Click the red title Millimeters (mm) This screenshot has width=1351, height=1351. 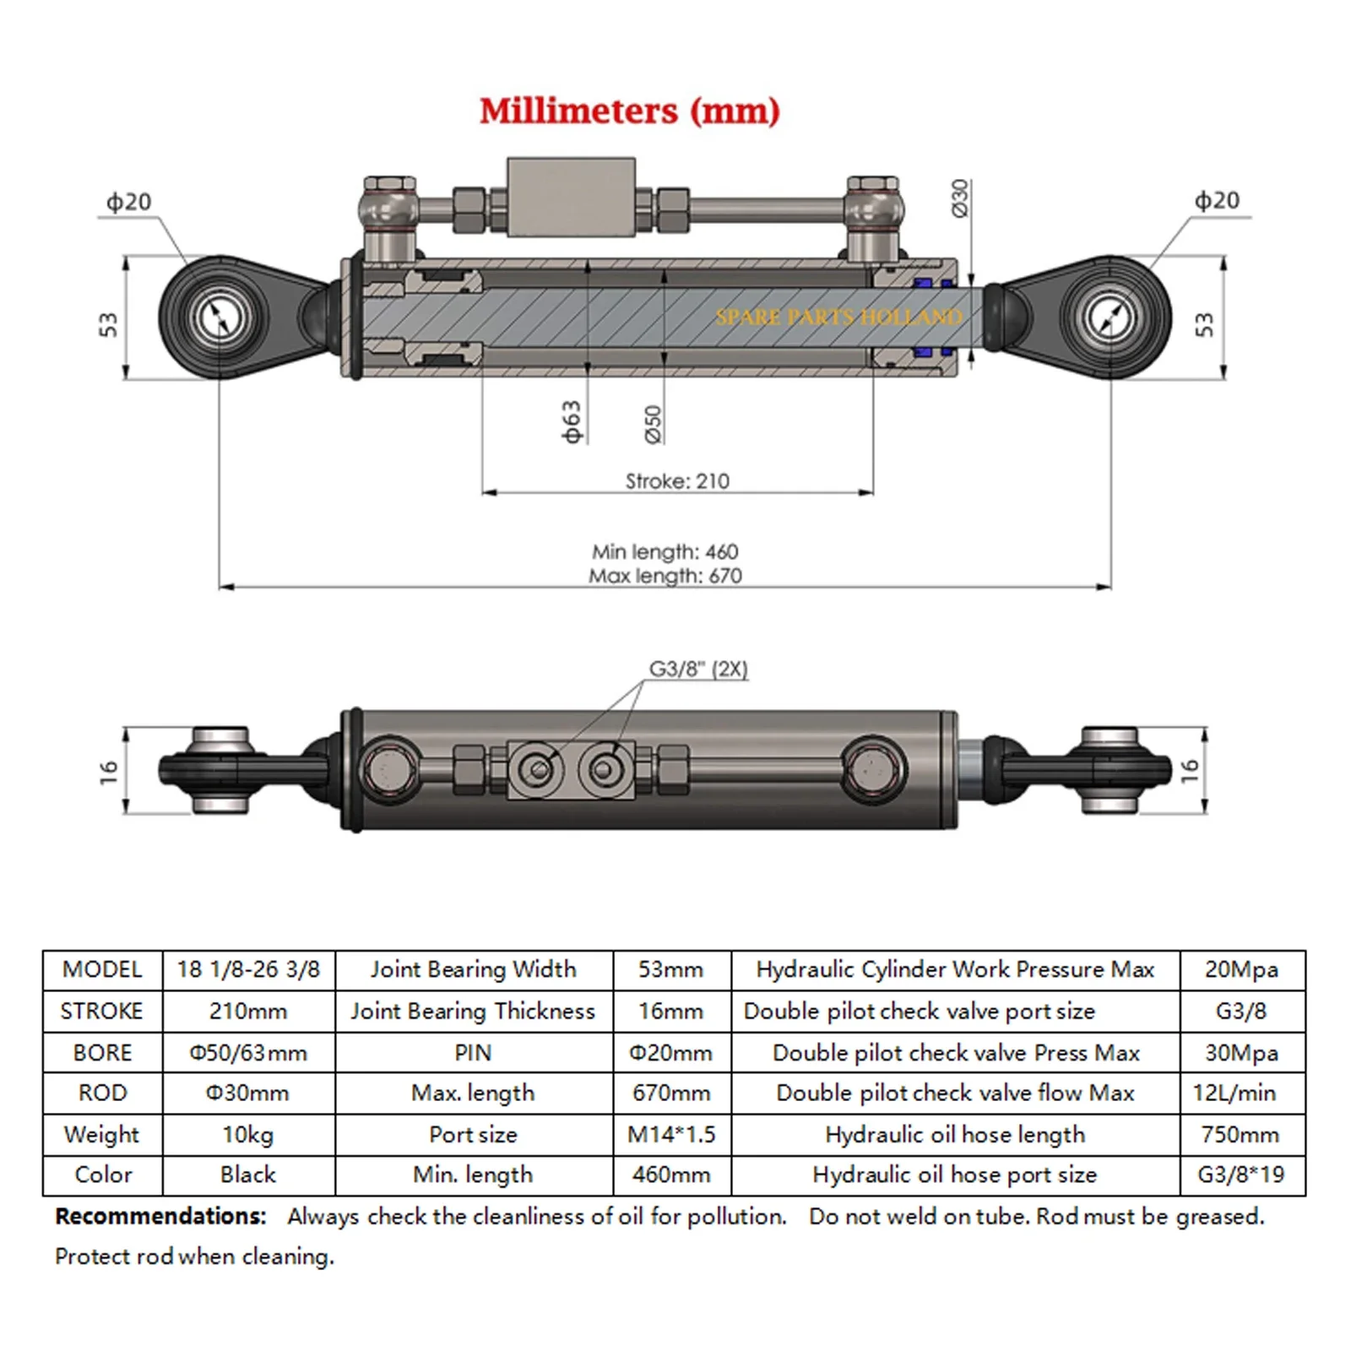tap(629, 111)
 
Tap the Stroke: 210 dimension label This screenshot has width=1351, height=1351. tap(676, 481)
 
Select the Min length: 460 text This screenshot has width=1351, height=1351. tap(665, 551)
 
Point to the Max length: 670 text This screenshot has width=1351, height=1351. tap(665, 576)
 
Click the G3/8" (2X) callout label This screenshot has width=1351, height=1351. tap(697, 669)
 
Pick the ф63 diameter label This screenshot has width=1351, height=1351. tap(572, 421)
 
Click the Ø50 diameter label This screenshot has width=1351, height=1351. tap(654, 424)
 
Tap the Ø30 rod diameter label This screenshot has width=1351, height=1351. tap(960, 198)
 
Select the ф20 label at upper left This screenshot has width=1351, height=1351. tap(128, 202)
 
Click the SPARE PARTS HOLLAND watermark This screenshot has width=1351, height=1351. tap(838, 317)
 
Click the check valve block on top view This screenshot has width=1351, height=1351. tap(571, 196)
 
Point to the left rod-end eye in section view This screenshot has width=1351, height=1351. tap(220, 317)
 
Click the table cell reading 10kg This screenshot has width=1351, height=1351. tap(247, 1134)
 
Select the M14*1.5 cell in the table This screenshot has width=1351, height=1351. tap(670, 1134)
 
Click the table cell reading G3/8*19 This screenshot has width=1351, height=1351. tap(1240, 1175)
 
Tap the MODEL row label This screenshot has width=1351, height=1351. tap(102, 969)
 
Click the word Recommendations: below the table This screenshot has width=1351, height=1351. tap(160, 1216)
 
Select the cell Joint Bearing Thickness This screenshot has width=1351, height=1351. tap(473, 1011)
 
